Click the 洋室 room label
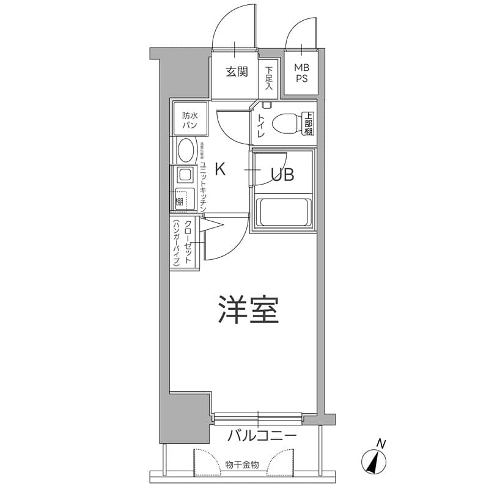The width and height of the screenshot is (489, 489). coord(248,311)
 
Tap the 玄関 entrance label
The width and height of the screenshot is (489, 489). coord(237,72)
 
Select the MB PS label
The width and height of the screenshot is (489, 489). coord(301,73)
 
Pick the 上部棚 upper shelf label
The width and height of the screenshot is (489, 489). coord(309,123)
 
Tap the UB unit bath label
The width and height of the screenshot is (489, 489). coord(283,175)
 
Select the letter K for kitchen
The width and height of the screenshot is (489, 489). coord(220,169)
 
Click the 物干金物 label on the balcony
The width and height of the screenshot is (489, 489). coord(242,465)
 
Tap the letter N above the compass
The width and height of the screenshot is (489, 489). coord(381,443)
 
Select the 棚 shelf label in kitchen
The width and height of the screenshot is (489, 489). coord(180,200)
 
